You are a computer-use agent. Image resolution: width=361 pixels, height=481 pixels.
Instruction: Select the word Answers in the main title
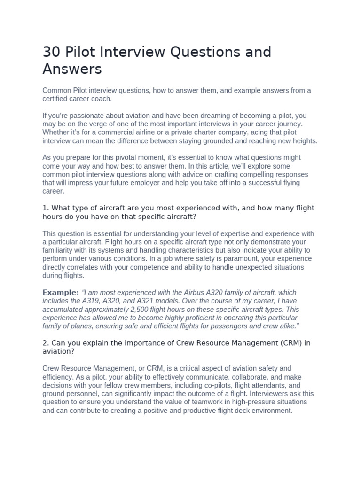[72, 69]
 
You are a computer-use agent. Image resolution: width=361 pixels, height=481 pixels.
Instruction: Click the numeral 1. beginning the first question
[46, 208]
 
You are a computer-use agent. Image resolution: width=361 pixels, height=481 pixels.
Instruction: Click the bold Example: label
[61, 293]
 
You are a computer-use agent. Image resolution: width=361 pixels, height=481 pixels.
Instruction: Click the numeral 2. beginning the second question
[46, 343]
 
